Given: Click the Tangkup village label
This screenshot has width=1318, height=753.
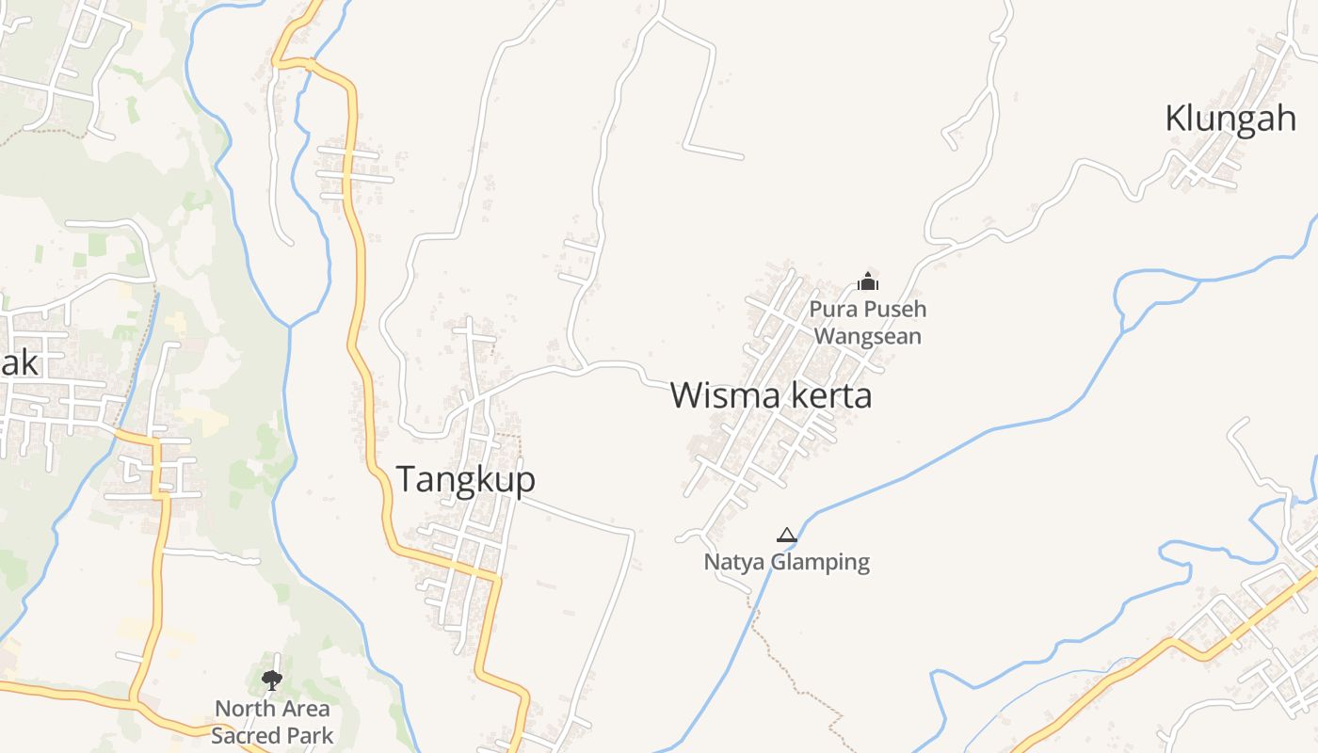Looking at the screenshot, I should coord(465,479).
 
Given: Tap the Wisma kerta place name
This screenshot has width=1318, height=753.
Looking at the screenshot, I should coord(771,395).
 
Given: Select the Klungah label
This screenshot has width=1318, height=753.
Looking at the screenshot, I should coord(1230,120).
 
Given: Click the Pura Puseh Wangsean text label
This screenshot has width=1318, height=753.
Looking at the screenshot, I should coord(867,322).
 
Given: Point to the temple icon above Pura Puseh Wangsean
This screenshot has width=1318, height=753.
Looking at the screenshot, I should coord(867,280).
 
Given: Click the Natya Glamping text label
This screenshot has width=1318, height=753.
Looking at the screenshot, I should coord(787,563).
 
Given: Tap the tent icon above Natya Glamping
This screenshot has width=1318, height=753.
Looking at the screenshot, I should coord(786,536).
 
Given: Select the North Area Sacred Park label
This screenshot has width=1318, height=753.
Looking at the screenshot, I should coord(272,721).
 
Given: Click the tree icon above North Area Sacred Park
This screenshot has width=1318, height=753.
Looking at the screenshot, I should coord(272,680).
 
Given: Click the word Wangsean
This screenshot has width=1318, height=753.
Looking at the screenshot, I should coord(867,336).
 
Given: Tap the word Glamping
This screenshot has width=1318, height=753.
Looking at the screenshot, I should coord(820,563).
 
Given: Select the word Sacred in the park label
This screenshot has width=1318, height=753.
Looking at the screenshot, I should coord(249,735).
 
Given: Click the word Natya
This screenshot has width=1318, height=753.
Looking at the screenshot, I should coord(734,563).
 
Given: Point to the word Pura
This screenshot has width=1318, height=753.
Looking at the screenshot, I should coord(832,309).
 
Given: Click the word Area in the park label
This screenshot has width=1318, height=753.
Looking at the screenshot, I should coord(303,709).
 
